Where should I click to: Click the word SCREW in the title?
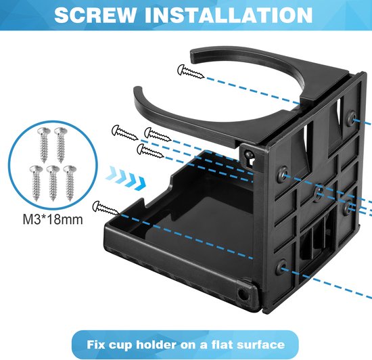point(95,15)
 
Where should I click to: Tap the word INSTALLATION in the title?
point(229,15)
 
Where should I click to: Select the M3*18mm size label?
point(53,219)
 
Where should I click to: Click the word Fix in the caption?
point(95,344)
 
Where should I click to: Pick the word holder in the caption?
point(156,344)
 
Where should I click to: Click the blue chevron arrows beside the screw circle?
point(126,178)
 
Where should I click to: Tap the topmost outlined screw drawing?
point(191,71)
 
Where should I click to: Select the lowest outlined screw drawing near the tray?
point(106,208)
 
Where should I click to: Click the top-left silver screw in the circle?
point(44,145)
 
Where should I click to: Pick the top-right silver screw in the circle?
point(60,145)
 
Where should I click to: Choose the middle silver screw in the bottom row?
point(53,183)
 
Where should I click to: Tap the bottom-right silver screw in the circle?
point(70,183)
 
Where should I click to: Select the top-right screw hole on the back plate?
point(351,118)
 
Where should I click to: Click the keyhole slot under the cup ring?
point(249,158)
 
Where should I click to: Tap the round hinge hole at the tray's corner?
point(242,294)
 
